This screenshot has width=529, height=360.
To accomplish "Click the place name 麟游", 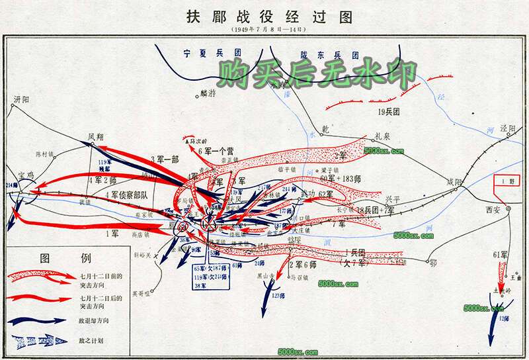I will (208, 94).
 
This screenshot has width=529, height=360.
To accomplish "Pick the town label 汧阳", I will (22, 99).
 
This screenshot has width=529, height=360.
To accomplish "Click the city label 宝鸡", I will (26, 175).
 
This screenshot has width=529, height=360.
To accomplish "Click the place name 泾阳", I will (508, 128).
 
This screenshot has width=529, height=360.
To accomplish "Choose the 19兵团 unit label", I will (389, 112).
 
